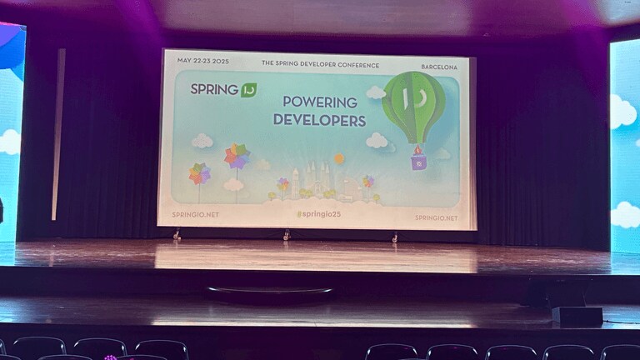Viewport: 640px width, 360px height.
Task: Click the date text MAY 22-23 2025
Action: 193,63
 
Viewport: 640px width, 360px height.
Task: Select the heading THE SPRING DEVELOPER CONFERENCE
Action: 320,64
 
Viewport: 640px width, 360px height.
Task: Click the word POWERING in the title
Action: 320,102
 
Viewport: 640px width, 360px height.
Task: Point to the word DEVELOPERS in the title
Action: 320,120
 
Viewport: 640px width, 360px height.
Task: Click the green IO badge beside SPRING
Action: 248,90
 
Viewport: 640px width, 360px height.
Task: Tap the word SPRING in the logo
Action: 214,89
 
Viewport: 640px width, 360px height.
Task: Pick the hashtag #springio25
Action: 318,214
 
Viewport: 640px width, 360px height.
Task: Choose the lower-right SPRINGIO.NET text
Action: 436,217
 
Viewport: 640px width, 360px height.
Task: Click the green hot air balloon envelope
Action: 413,104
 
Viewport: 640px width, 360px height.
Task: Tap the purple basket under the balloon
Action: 418,162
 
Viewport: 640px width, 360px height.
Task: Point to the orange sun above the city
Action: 339,158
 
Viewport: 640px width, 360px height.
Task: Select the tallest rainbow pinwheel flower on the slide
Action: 237,156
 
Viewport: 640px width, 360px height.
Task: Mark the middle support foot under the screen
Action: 286,237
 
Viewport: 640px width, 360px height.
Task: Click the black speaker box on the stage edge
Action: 577,316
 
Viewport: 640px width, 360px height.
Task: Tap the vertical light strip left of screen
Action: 58,133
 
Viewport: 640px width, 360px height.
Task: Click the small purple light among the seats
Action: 109,357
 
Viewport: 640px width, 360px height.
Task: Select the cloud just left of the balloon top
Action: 376,92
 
